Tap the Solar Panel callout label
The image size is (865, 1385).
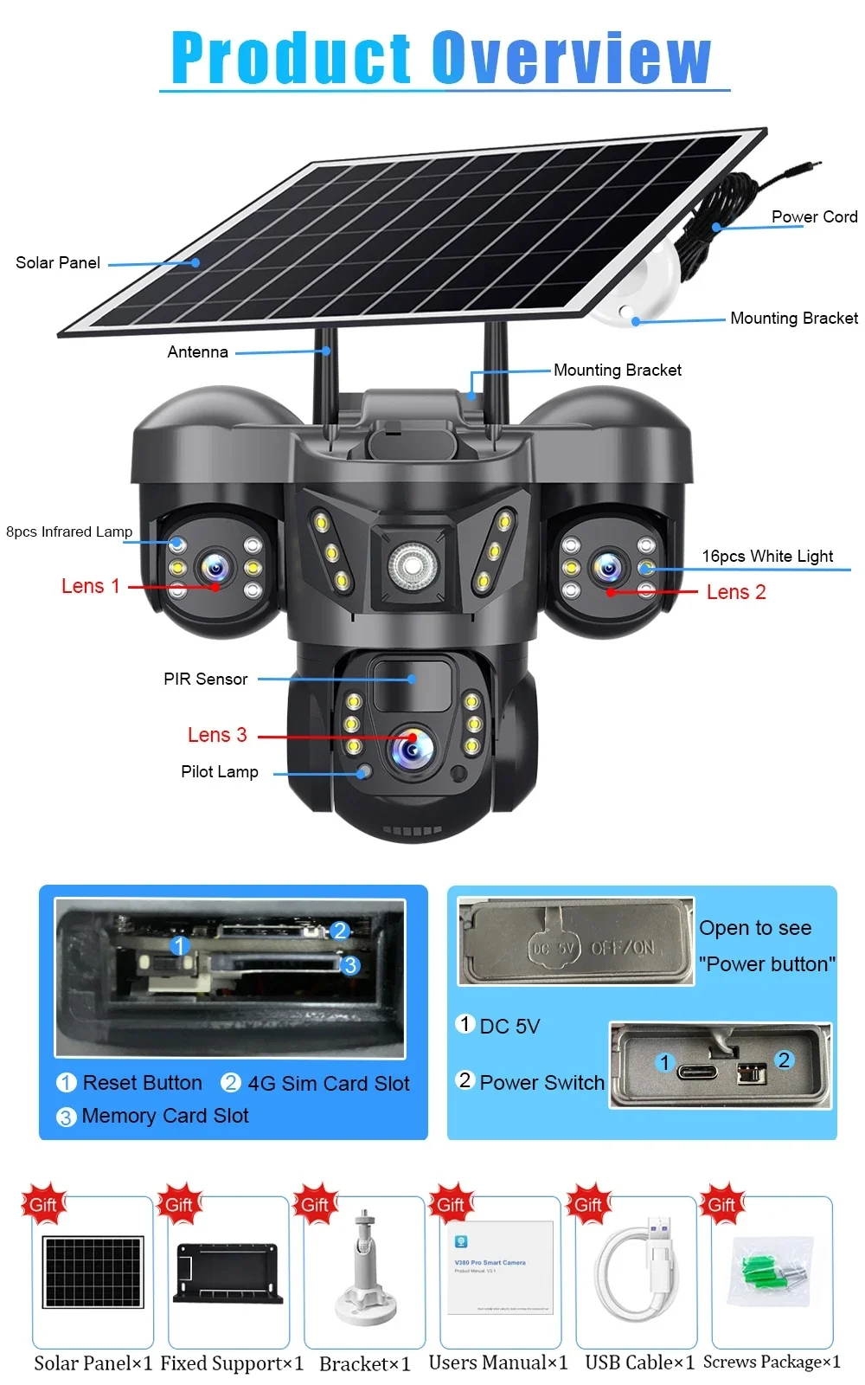coord(58,262)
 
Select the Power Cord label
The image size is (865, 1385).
coord(814,216)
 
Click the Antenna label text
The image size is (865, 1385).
coord(198,351)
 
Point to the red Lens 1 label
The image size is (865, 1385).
coord(90,586)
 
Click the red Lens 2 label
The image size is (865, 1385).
coord(736,592)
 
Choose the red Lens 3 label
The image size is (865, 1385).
coord(217,735)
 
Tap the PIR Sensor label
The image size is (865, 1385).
coord(206,679)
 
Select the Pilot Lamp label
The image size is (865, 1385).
coord(220,771)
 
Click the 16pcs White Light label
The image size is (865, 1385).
coord(767,556)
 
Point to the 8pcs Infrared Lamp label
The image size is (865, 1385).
coord(69,531)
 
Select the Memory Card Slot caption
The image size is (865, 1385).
coord(165,1116)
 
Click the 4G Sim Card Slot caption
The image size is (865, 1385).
coord(329,1083)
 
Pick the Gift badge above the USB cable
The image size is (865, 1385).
coord(587,1204)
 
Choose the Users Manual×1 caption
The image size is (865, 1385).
coord(498,1362)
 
